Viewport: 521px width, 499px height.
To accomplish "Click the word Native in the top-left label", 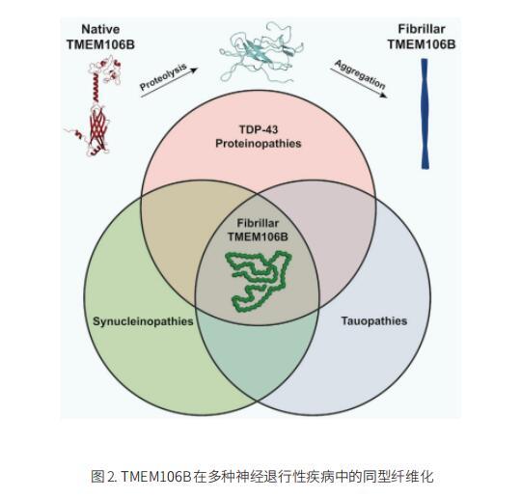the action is pyautogui.click(x=100, y=29).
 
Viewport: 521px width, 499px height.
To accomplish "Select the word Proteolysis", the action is pyautogui.click(x=163, y=77).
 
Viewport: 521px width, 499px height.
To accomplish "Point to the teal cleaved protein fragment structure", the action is pyautogui.click(x=261, y=52).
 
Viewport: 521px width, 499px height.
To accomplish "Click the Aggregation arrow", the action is pyautogui.click(x=359, y=83).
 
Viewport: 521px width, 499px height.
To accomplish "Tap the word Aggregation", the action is pyautogui.click(x=360, y=74).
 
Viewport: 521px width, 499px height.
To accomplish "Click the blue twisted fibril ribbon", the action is pyautogui.click(x=425, y=114).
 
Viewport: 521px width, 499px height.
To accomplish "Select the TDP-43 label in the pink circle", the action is pyautogui.click(x=259, y=129).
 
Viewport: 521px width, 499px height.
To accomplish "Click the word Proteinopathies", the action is pyautogui.click(x=259, y=144).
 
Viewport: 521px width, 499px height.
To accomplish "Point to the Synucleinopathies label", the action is pyautogui.click(x=143, y=321).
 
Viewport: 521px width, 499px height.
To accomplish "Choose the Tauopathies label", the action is pyautogui.click(x=374, y=321).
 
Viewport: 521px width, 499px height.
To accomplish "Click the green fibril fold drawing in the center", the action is pyautogui.click(x=259, y=281).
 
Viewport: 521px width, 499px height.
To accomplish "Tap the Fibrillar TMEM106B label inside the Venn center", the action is pyautogui.click(x=258, y=230).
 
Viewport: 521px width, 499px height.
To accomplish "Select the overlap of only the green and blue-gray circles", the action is pyautogui.click(x=258, y=356).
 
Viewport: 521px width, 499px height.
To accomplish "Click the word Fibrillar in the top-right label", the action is pyautogui.click(x=422, y=29).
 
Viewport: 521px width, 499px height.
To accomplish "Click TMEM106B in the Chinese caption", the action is pyautogui.click(x=156, y=477).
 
